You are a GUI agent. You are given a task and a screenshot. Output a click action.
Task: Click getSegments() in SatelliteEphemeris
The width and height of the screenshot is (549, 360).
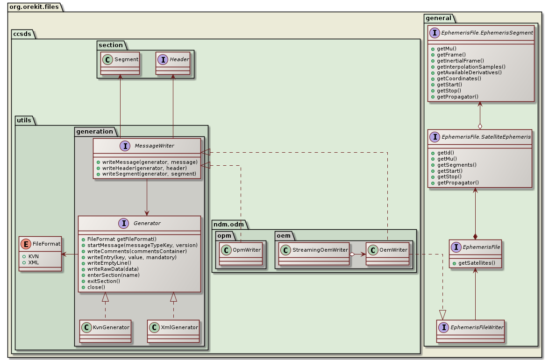[456, 165]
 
